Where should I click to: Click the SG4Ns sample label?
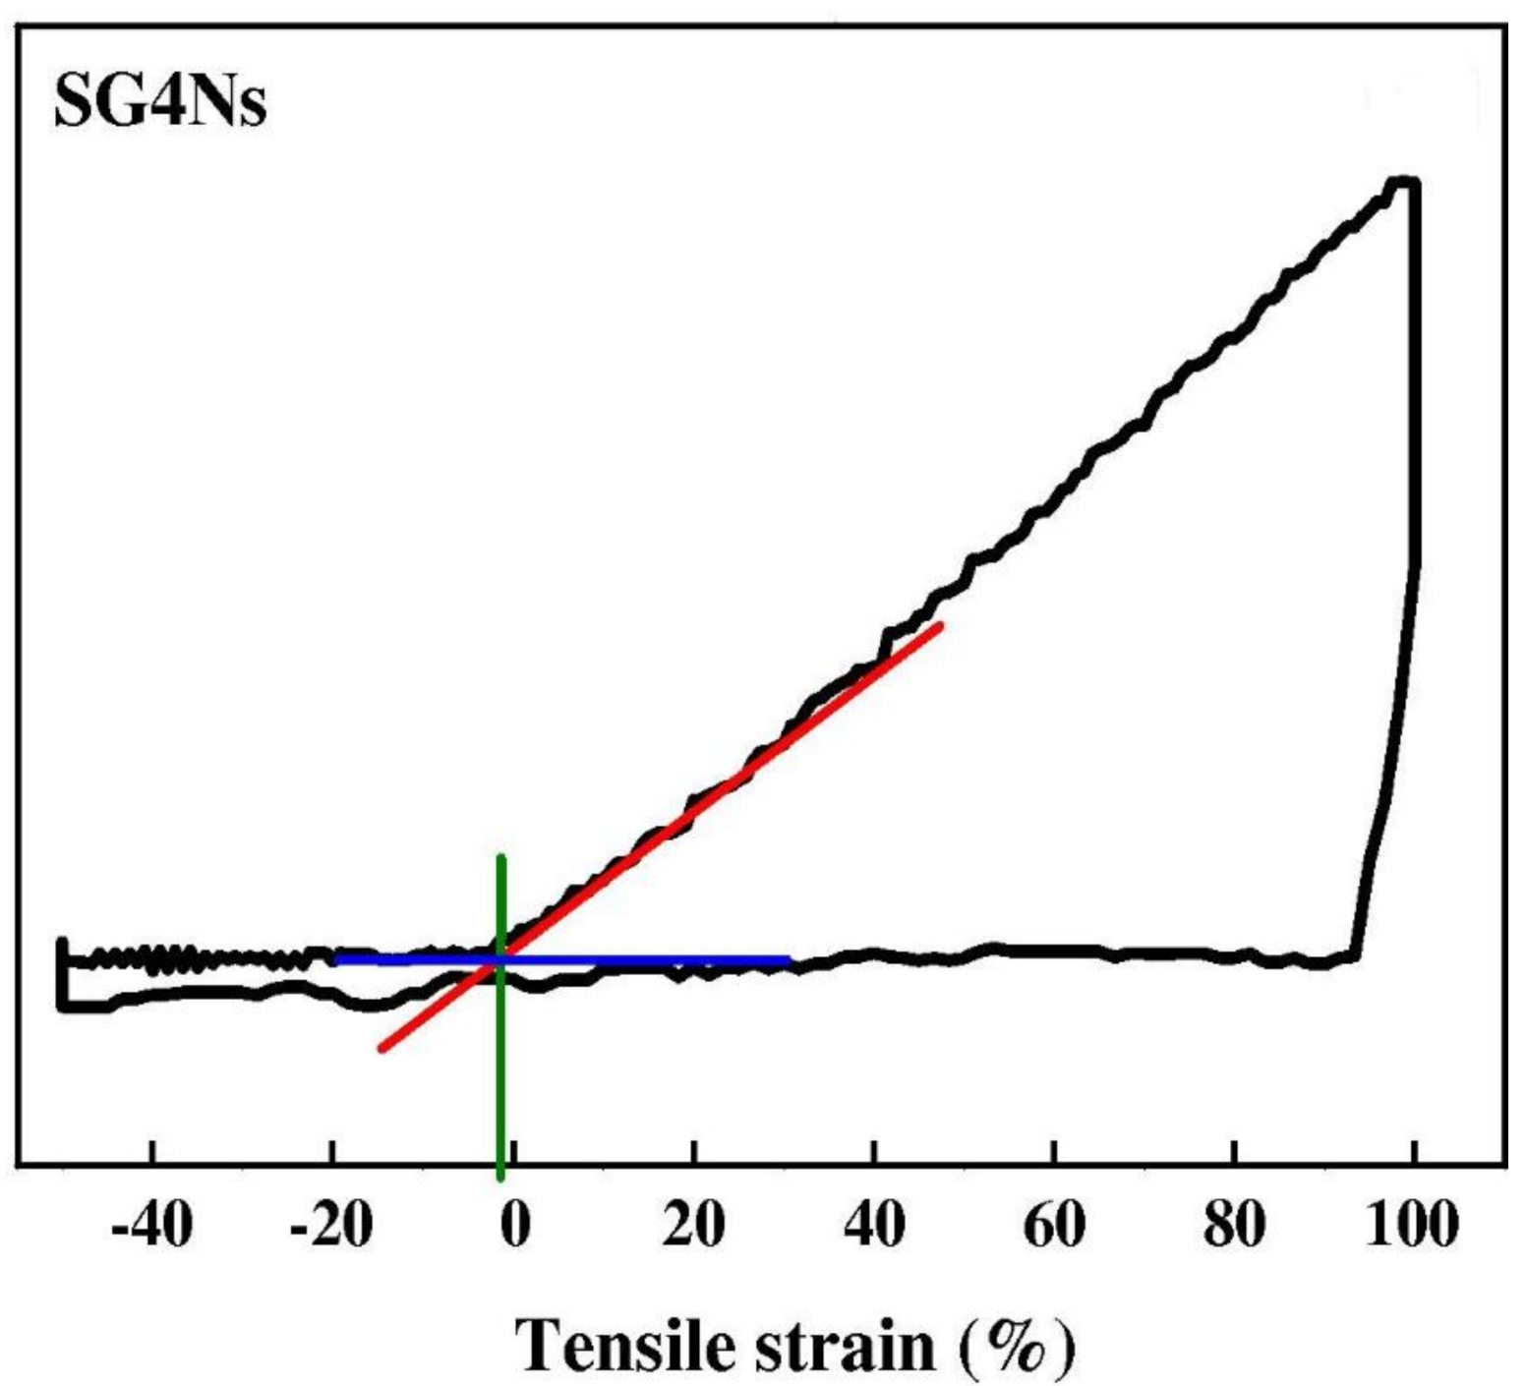tap(159, 102)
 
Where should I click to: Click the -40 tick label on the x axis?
tap(151, 1226)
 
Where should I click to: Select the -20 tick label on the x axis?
tap(332, 1226)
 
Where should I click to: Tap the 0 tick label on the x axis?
tap(514, 1226)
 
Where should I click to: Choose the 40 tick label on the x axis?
tap(874, 1226)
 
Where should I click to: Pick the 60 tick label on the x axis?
tap(1054, 1226)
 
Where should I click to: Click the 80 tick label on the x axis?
tap(1234, 1226)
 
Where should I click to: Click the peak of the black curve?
tap(1402, 182)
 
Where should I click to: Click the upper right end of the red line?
tap(940, 626)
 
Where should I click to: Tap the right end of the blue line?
tap(789, 959)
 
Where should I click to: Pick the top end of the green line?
tap(501, 857)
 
